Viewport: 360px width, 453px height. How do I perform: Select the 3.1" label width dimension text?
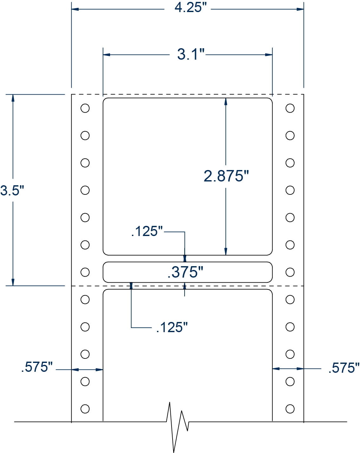191,54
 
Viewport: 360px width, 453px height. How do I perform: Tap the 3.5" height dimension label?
12,190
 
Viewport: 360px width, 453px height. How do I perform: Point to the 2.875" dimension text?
226,176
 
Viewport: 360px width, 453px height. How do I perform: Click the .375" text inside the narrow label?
185,272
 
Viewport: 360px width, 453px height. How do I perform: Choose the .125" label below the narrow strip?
172,327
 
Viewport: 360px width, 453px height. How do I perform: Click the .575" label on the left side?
37,367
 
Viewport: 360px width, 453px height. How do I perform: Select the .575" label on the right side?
344,368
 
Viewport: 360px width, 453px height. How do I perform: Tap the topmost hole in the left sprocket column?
85,108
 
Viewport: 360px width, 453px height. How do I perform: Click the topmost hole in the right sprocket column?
290,108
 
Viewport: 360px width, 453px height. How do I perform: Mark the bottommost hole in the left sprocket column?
85,409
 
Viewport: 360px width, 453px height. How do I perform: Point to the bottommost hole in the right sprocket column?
290,409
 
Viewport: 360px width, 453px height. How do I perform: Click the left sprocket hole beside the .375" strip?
85,272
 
